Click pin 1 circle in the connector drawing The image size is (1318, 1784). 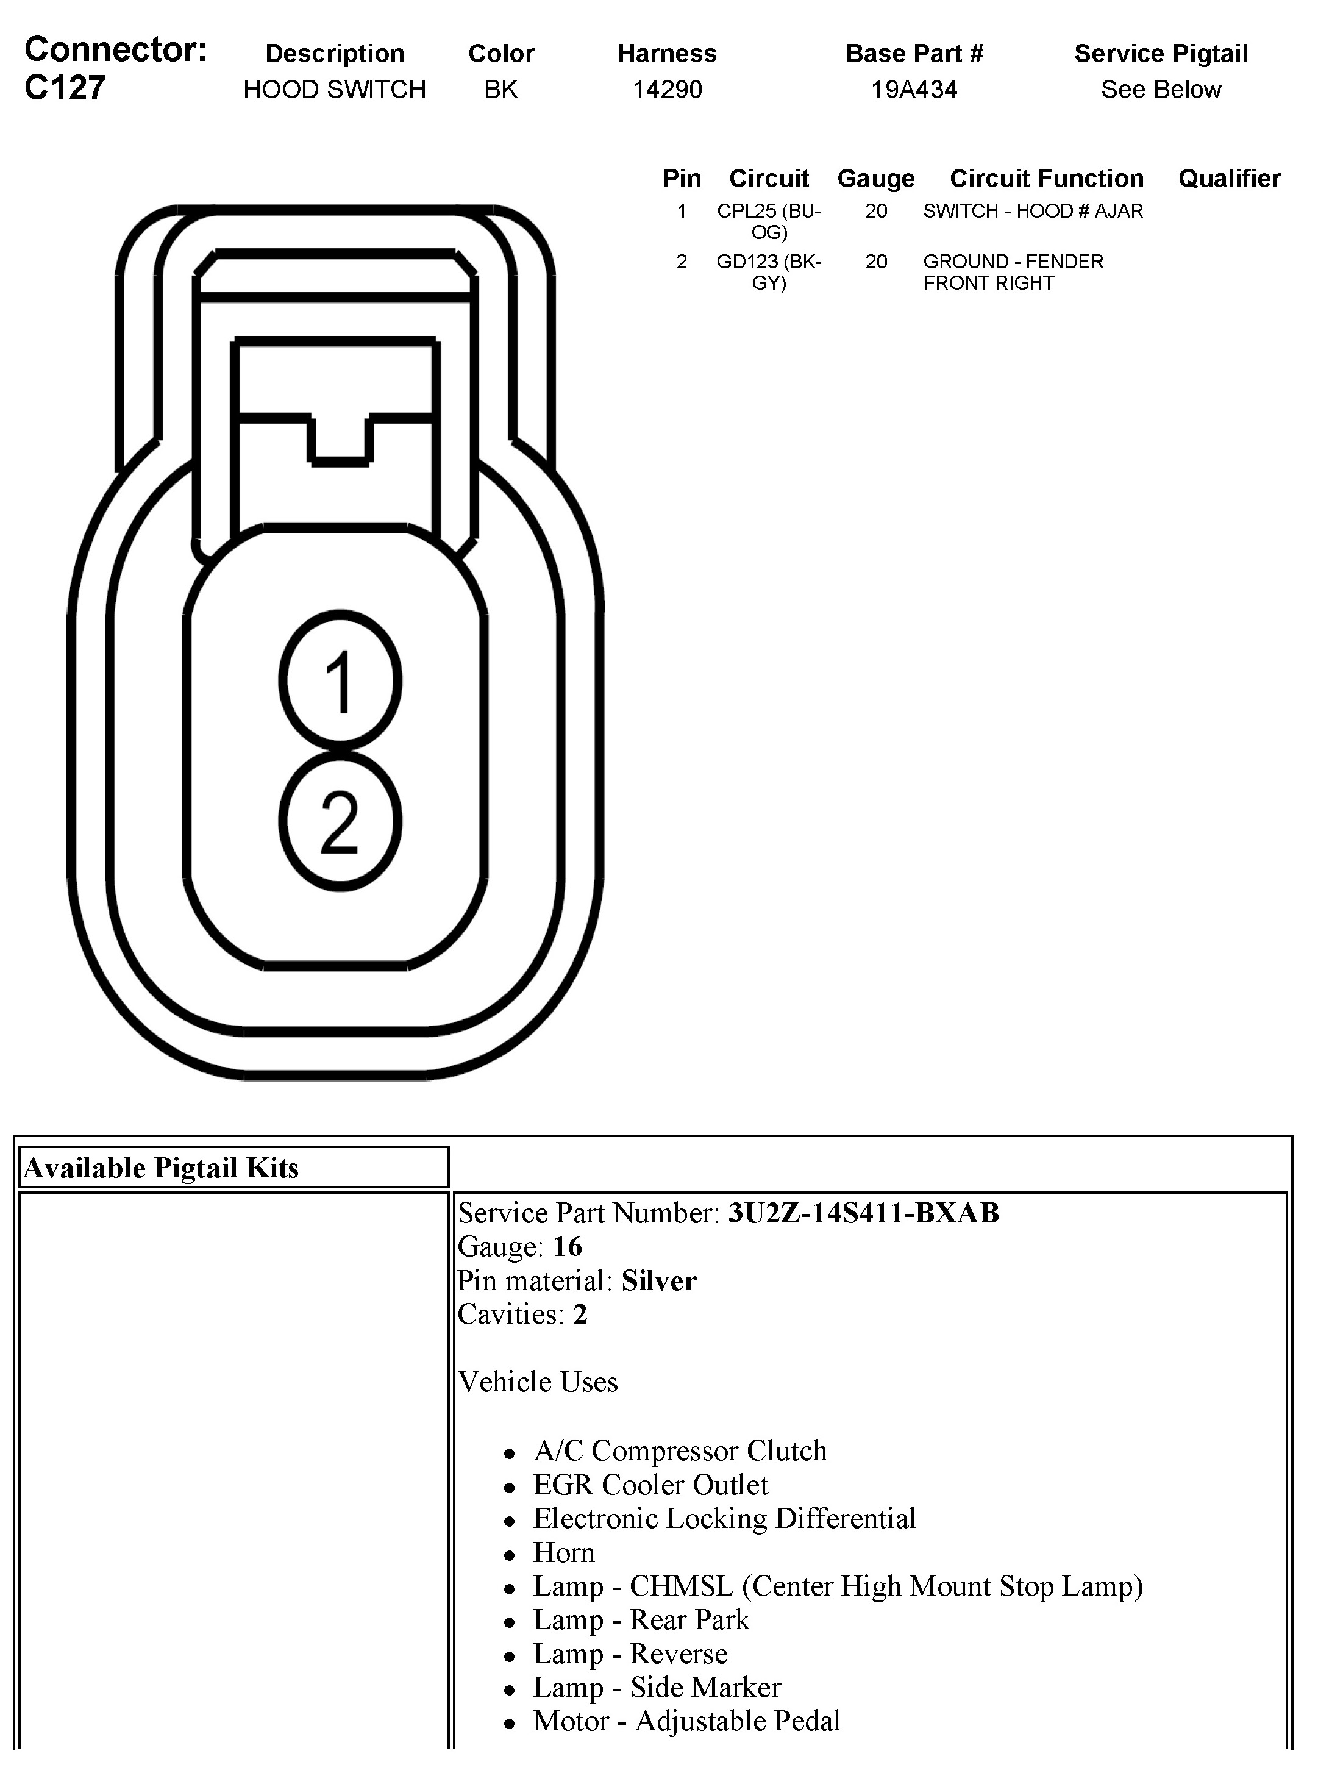[340, 680]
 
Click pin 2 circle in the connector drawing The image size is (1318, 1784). [340, 821]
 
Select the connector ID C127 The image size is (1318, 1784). [65, 88]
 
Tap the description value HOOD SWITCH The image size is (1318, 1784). [334, 90]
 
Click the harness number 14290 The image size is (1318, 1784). [667, 90]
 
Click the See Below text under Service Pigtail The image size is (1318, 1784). [1161, 90]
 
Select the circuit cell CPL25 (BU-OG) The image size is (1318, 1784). [768, 221]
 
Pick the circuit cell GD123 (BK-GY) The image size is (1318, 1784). [768, 272]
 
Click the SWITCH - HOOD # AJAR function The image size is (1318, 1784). [1032, 212]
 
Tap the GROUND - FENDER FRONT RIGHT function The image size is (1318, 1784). [1013, 272]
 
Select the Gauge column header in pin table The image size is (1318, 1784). [875, 179]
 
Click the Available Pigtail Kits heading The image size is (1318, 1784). [161, 1168]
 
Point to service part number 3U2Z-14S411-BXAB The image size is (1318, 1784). [863, 1213]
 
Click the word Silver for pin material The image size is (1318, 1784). [659, 1280]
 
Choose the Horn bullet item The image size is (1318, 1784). [564, 1553]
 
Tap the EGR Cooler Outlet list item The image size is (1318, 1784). [650, 1485]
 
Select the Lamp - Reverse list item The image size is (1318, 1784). [630, 1654]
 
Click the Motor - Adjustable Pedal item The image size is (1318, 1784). [686, 1721]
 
